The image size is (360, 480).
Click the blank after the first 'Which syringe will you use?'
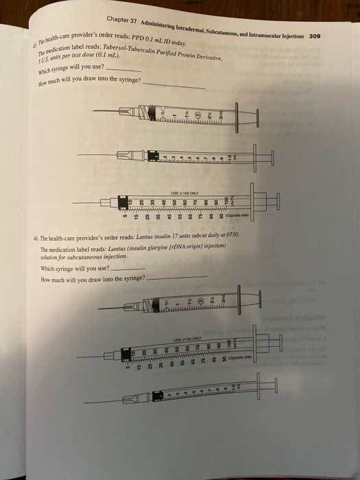(x=125, y=70)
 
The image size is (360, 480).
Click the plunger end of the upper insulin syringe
(x=277, y=201)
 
